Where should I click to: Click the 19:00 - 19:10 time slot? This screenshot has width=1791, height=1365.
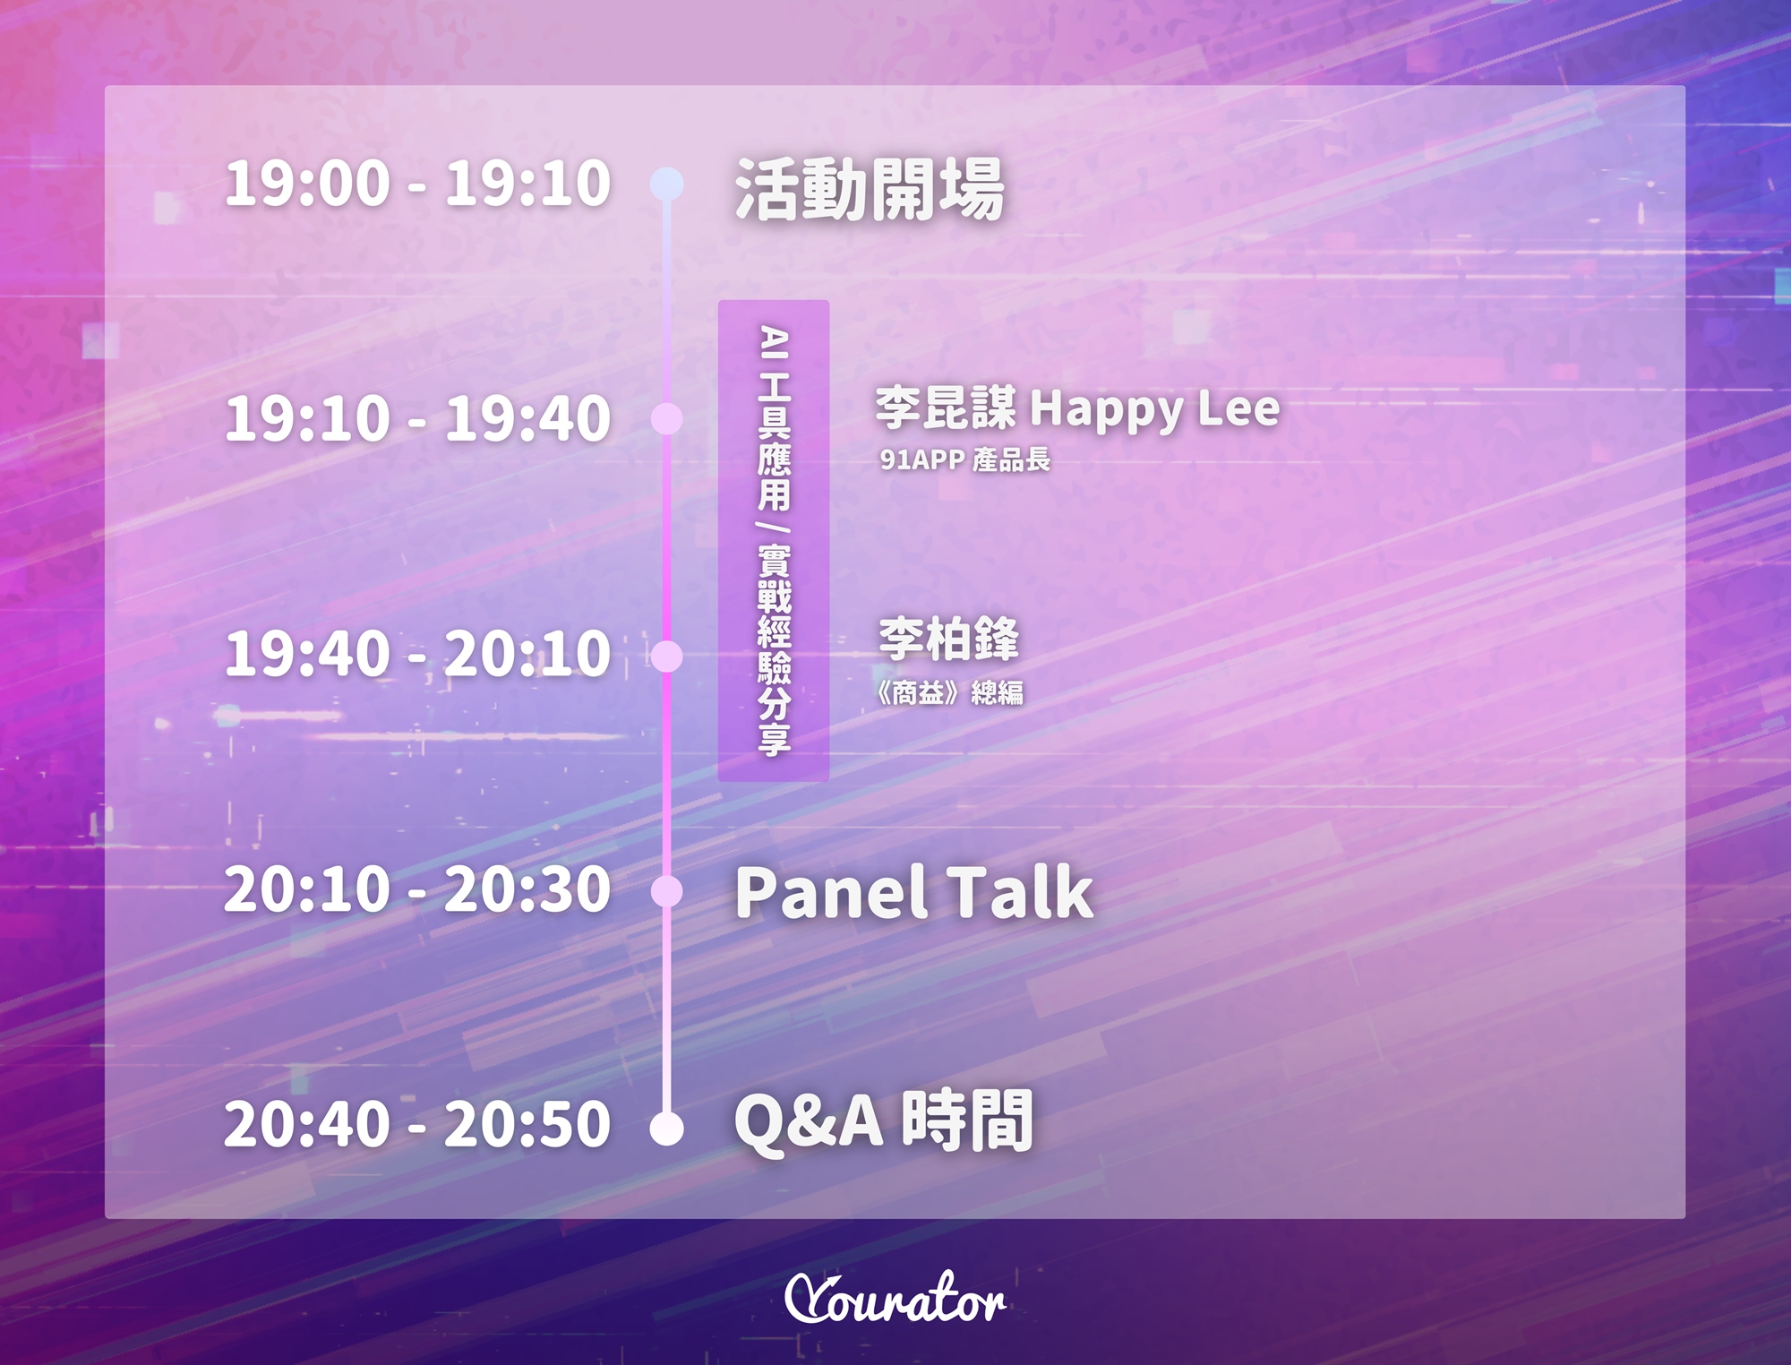click(417, 184)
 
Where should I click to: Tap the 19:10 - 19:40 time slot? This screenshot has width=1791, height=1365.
click(417, 418)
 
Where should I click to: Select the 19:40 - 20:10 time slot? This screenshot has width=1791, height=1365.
click(417, 653)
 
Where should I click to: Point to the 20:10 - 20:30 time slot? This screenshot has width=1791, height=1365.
click(417, 889)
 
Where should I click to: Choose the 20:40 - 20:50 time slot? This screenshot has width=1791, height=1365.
click(417, 1124)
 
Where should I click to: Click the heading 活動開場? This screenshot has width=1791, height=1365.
click(870, 189)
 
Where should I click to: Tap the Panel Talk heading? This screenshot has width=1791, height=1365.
click(914, 892)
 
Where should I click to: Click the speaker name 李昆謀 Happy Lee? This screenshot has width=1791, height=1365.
click(1077, 408)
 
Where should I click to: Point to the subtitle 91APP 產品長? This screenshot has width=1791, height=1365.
click(964, 459)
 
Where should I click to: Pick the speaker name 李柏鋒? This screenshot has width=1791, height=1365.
click(948, 639)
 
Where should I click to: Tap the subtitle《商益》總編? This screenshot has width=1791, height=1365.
click(949, 692)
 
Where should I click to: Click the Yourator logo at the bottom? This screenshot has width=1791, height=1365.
click(895, 1298)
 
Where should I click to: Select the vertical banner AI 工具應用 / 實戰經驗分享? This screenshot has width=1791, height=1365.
click(774, 540)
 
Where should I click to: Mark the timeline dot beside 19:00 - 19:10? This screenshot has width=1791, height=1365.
click(666, 184)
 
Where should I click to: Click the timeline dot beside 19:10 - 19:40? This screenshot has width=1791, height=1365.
click(666, 418)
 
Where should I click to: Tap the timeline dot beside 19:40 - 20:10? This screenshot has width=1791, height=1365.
click(666, 656)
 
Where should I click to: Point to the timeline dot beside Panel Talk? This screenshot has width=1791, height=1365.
click(666, 891)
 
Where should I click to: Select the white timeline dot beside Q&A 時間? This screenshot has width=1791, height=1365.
click(666, 1128)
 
